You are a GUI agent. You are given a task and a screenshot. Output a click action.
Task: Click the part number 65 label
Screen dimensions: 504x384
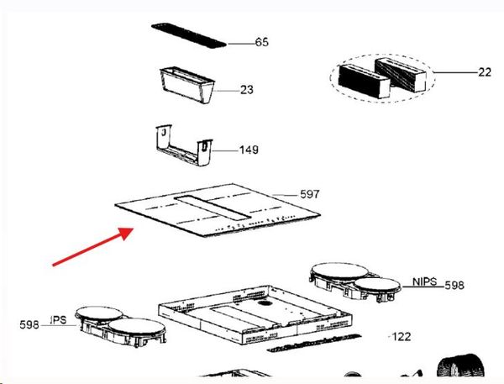point(261,42)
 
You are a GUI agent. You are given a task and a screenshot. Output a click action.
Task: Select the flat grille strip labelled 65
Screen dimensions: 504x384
point(189,35)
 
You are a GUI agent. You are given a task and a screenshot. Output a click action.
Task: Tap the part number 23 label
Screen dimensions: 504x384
point(246,89)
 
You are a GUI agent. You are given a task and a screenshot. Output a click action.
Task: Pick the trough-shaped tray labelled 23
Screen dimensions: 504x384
point(186,85)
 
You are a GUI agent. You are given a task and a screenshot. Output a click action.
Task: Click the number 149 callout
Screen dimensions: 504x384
point(249,150)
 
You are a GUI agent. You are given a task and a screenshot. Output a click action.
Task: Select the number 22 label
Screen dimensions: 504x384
point(485,72)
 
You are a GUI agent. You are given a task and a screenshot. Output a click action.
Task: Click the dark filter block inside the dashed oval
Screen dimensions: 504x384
point(365,80)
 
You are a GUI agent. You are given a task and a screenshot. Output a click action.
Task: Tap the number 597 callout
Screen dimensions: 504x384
point(310,194)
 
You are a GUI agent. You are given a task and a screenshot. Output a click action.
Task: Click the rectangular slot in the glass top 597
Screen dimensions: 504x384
point(213,208)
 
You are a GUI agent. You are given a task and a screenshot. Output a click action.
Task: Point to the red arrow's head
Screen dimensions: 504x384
point(127,233)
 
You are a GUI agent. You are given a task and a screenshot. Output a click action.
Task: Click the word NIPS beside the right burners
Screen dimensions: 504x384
point(424,281)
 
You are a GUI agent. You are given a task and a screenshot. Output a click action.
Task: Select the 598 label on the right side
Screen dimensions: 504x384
point(454,285)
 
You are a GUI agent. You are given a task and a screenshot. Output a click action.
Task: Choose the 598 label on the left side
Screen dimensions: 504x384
point(29,325)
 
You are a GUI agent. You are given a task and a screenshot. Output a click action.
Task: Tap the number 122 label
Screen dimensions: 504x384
point(402,337)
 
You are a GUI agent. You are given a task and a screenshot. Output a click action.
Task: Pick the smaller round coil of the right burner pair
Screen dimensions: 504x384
point(377,285)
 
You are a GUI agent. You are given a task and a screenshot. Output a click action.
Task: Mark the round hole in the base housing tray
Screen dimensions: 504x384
point(265,303)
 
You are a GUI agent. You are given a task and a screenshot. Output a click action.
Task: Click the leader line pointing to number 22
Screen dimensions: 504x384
point(456,72)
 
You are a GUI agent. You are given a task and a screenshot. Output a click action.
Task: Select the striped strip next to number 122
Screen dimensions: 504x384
point(314,343)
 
